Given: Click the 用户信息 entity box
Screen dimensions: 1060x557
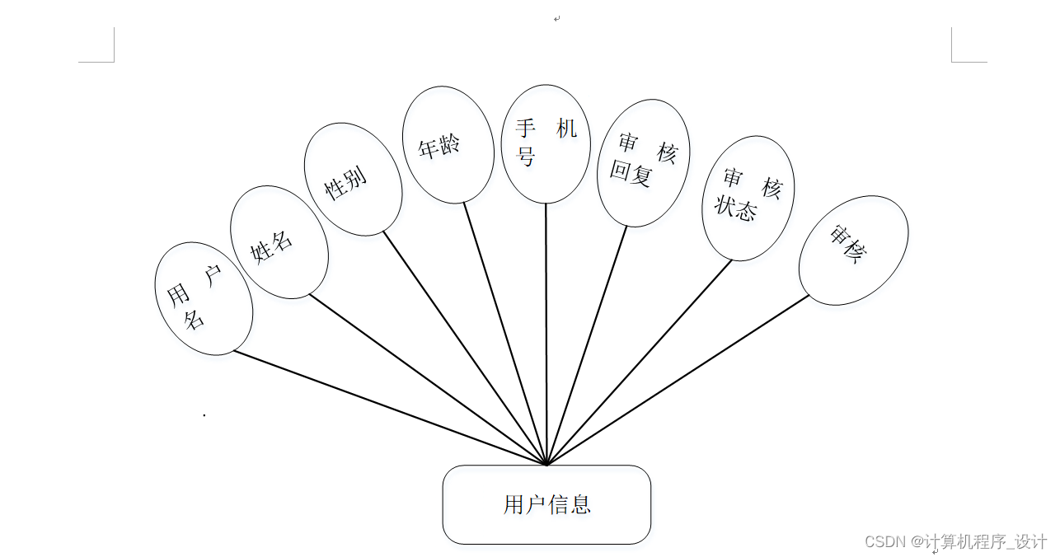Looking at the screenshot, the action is click(x=546, y=504).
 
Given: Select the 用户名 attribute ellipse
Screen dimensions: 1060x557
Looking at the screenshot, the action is click(x=204, y=298).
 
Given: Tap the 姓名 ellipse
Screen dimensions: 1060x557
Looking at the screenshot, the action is click(x=279, y=241).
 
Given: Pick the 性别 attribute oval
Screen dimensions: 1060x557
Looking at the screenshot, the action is click(x=353, y=180).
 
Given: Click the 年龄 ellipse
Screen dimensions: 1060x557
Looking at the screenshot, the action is click(x=448, y=144).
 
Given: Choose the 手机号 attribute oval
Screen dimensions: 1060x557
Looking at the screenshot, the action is click(x=546, y=143).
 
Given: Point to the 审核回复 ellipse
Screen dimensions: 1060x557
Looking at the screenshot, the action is click(x=642, y=163).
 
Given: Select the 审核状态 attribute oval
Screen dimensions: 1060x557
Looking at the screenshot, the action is click(x=748, y=199).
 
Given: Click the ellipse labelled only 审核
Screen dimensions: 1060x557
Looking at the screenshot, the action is click(x=853, y=250).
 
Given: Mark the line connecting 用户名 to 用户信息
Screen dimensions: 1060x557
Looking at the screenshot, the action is click(x=387, y=407).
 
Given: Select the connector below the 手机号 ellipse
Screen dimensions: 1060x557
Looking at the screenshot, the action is click(x=546, y=330).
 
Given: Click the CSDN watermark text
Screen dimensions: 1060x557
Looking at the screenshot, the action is click(x=956, y=541).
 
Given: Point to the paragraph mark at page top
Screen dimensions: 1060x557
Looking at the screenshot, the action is click(x=557, y=18).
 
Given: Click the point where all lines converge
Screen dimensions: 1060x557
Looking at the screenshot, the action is click(x=546, y=464).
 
